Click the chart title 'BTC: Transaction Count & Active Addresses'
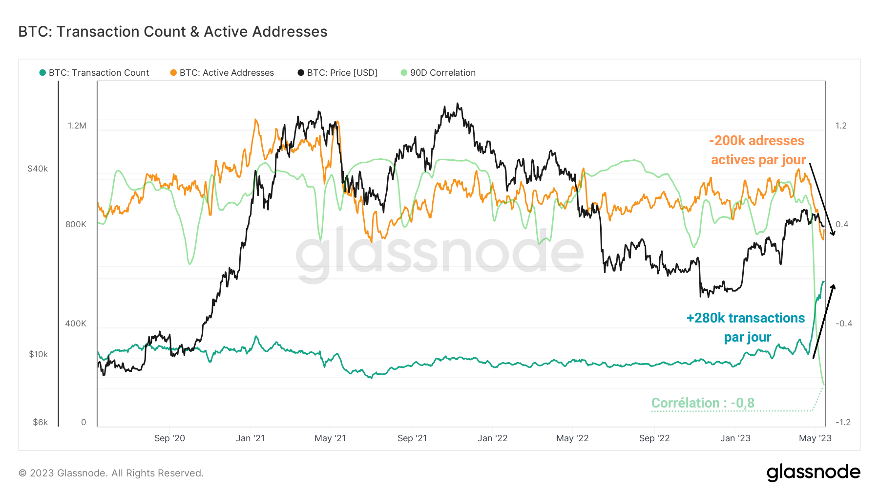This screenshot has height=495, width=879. pos(173,32)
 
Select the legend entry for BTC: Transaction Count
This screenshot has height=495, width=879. pos(94,73)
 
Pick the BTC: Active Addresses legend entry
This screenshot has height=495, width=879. pos(222,73)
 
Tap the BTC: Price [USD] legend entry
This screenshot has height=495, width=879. pos(337,73)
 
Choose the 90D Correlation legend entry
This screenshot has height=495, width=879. pos(438,73)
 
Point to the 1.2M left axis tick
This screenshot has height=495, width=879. pos(77,126)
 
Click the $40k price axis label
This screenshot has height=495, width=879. pos(38,169)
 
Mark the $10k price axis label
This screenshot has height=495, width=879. pos(38,354)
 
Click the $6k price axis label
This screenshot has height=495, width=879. pos(40,422)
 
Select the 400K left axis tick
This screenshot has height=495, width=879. pos(76,323)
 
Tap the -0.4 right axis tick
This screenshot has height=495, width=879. pos(843,323)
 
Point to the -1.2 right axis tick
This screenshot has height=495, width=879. pos(843,422)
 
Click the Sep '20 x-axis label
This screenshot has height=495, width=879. pos(169,438)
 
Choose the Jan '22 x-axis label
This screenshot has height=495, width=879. pos(492,438)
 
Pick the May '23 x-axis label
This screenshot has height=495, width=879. pos(815,438)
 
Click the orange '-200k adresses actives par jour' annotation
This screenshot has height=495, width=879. pos(757,150)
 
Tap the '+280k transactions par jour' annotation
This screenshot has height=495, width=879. pos(746,327)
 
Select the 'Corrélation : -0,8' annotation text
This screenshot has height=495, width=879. pos(703,403)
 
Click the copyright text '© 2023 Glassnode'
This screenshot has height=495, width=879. pos(111,473)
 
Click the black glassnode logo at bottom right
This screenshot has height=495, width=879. pos(813,473)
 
